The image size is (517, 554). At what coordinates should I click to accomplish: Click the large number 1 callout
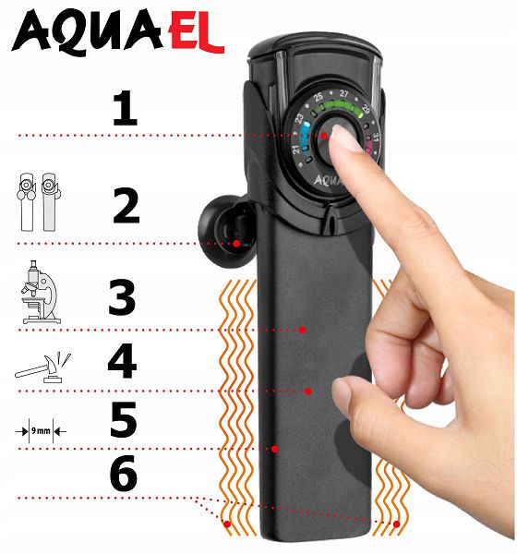coord(126,108)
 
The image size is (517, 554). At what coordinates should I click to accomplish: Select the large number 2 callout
coord(126,206)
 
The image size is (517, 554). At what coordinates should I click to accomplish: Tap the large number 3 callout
coord(122,297)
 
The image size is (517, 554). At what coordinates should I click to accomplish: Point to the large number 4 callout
coord(122,361)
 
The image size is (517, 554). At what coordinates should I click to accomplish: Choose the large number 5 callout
coord(124,419)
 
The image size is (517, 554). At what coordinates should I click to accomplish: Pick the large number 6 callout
coord(124,473)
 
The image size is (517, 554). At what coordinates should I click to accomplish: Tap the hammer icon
coord(43,367)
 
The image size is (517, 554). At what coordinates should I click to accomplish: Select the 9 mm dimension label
coord(41,430)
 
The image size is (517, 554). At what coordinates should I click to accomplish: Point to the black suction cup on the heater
coord(227,231)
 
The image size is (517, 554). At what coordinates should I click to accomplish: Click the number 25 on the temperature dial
coord(319,96)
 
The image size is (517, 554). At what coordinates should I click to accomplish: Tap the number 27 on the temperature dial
coord(343,93)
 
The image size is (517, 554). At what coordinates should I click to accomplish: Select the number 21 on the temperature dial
coord(295,150)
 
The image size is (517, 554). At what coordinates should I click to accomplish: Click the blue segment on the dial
coord(305,132)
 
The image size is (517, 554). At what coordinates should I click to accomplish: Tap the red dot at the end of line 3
coord(302,330)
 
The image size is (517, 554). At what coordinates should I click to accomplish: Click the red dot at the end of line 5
coord(275,449)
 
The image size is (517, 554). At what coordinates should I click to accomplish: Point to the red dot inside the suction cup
coord(236,243)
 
